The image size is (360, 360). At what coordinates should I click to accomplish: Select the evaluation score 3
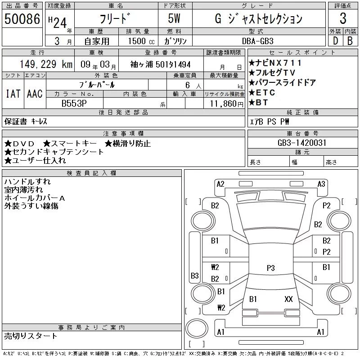[342, 19]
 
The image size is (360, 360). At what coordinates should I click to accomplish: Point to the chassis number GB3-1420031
[302, 143]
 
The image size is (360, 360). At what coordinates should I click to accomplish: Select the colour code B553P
[75, 103]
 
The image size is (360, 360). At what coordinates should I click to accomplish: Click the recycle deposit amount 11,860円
[224, 103]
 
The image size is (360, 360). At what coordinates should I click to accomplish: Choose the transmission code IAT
[13, 94]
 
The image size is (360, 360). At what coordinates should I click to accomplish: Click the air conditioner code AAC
[35, 94]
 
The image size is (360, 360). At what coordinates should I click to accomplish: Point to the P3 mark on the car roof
[270, 268]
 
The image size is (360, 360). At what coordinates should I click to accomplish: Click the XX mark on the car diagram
[288, 299]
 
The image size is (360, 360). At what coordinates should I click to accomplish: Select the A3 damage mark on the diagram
[321, 184]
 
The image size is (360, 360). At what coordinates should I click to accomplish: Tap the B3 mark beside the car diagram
[195, 275]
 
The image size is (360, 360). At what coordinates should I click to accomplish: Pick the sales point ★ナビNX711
[275, 63]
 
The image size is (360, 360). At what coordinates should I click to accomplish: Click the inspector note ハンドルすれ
[27, 182]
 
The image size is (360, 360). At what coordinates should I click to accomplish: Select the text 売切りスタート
[31, 336]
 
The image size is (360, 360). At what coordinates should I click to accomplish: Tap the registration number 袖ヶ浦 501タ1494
[160, 64]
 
